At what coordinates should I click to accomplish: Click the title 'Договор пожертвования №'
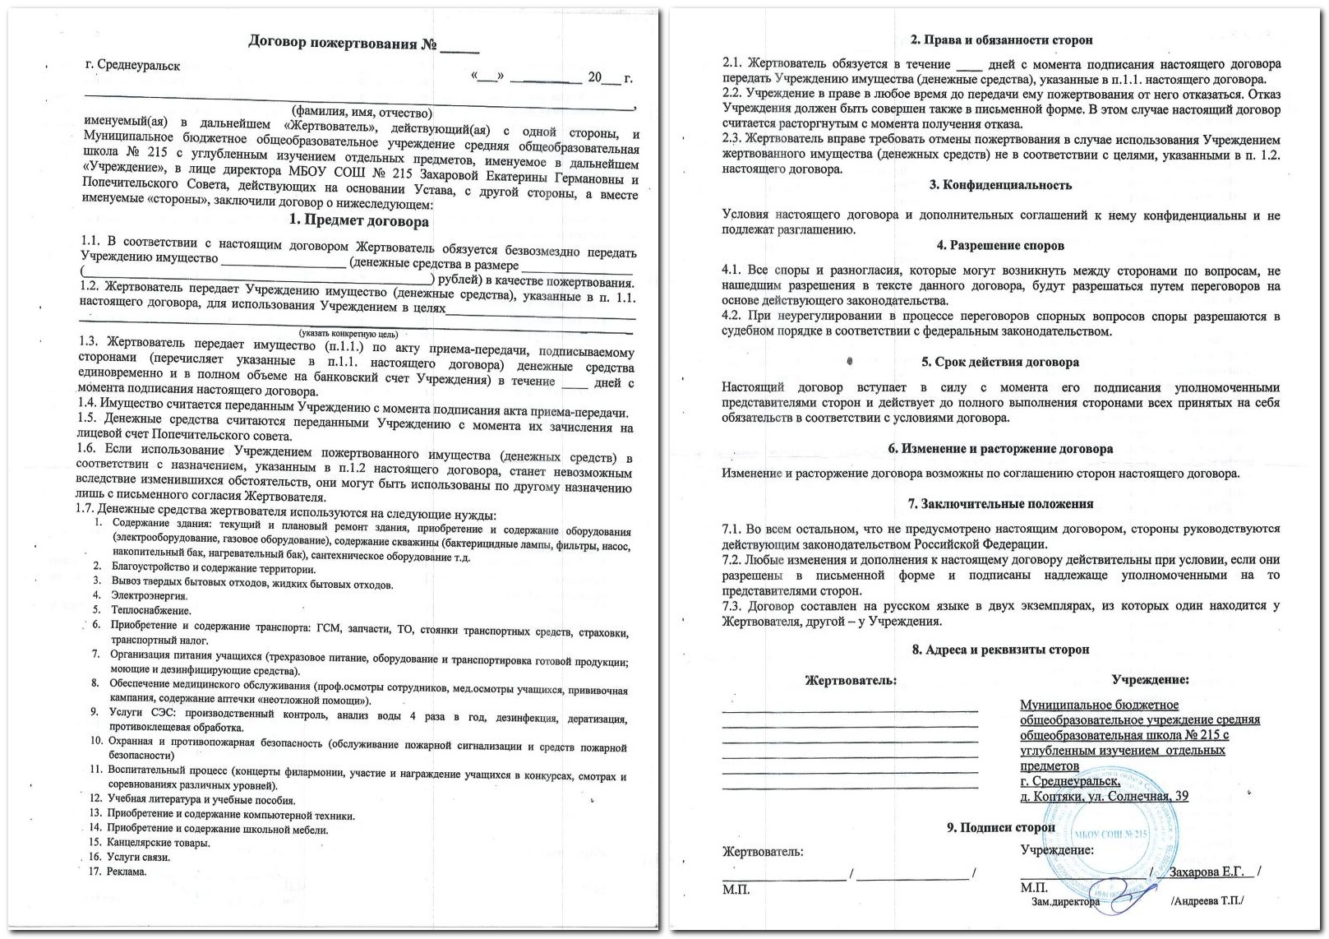[344, 43]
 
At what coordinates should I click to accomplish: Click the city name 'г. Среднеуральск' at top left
[132, 65]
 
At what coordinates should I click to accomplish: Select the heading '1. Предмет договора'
[358, 220]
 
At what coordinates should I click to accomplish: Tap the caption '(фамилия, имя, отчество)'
[362, 113]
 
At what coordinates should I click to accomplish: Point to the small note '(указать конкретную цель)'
[348, 334]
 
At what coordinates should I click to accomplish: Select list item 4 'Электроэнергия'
[149, 595]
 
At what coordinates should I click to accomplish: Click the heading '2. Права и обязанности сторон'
[1001, 39]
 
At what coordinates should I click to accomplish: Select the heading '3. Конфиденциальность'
[1000, 185]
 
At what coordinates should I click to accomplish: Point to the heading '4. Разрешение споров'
[1000, 245]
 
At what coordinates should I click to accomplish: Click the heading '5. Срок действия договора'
[1000, 362]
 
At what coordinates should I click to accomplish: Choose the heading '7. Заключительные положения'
[1000, 503]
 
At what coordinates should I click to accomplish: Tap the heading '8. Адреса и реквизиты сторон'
[1000, 650]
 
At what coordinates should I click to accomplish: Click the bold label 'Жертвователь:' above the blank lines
[851, 681]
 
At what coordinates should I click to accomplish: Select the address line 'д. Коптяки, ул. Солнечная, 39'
[1104, 796]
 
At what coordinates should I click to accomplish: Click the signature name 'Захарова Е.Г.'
[1206, 872]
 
